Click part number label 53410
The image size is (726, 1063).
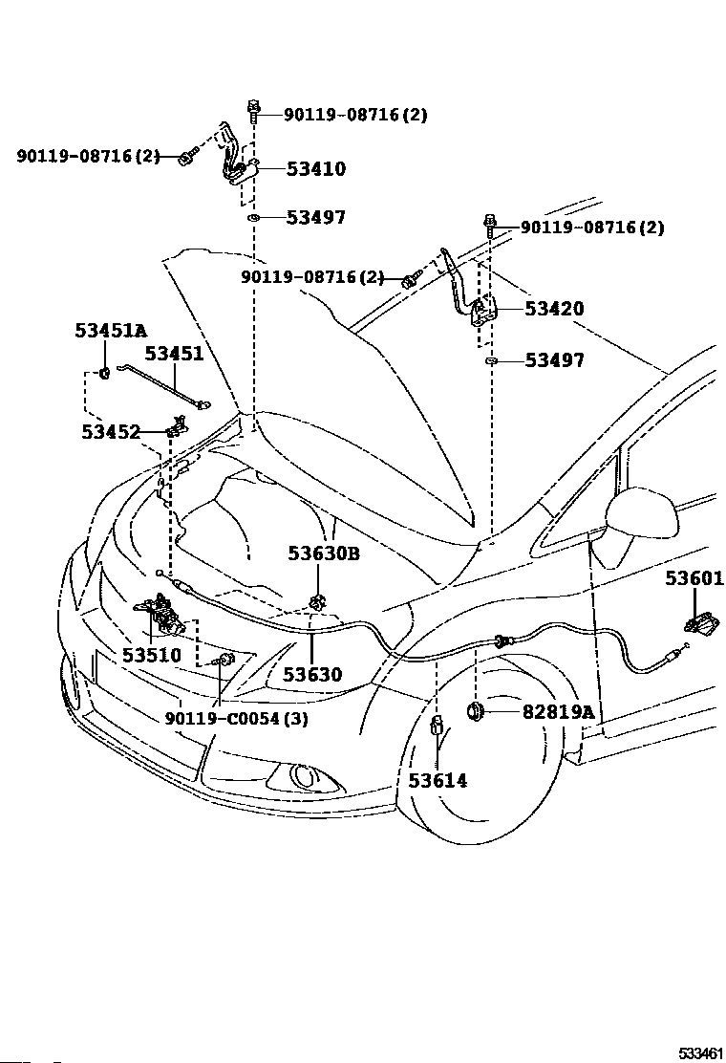315,169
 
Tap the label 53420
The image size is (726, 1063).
554,309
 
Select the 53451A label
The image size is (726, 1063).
111,331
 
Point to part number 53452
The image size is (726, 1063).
111,432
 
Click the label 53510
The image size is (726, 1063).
152,655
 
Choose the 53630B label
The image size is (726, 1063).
324,553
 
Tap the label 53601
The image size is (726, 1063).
694,578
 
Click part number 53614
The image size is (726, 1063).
438,780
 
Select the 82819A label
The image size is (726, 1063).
558,712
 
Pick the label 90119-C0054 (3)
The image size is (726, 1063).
236,718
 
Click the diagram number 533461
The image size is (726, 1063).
701,1052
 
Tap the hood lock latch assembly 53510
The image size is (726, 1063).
161,614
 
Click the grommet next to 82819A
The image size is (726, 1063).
474,711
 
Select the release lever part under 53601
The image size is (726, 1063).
700,623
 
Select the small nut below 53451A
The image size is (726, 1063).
104,372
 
